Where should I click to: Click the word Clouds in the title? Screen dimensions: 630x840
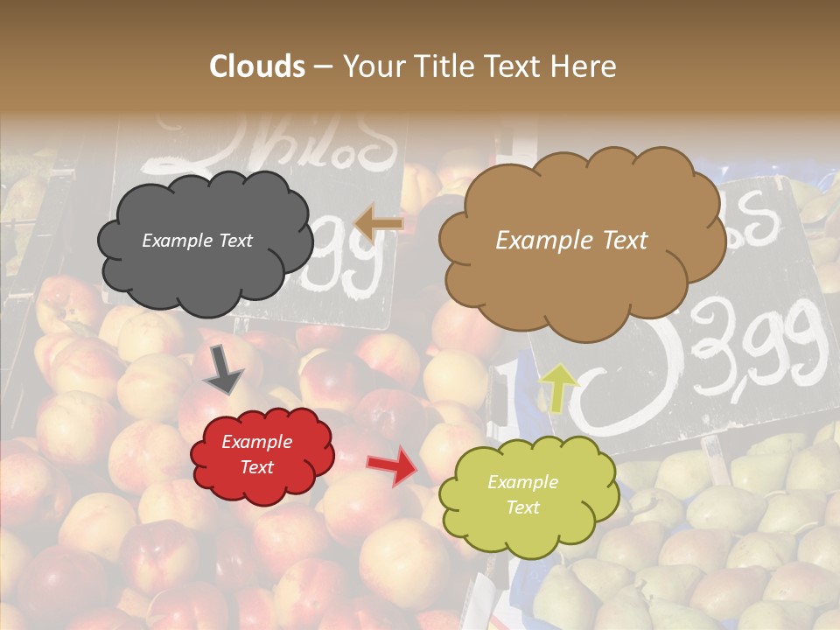click(257, 66)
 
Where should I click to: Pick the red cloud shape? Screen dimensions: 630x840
click(262, 455)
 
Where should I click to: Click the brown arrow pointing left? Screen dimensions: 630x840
click(378, 223)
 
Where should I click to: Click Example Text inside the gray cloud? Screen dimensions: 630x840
click(197, 241)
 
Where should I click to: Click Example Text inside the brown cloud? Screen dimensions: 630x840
click(571, 241)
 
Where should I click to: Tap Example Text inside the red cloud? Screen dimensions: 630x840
click(256, 455)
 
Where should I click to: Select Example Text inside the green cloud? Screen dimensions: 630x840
click(522, 495)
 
